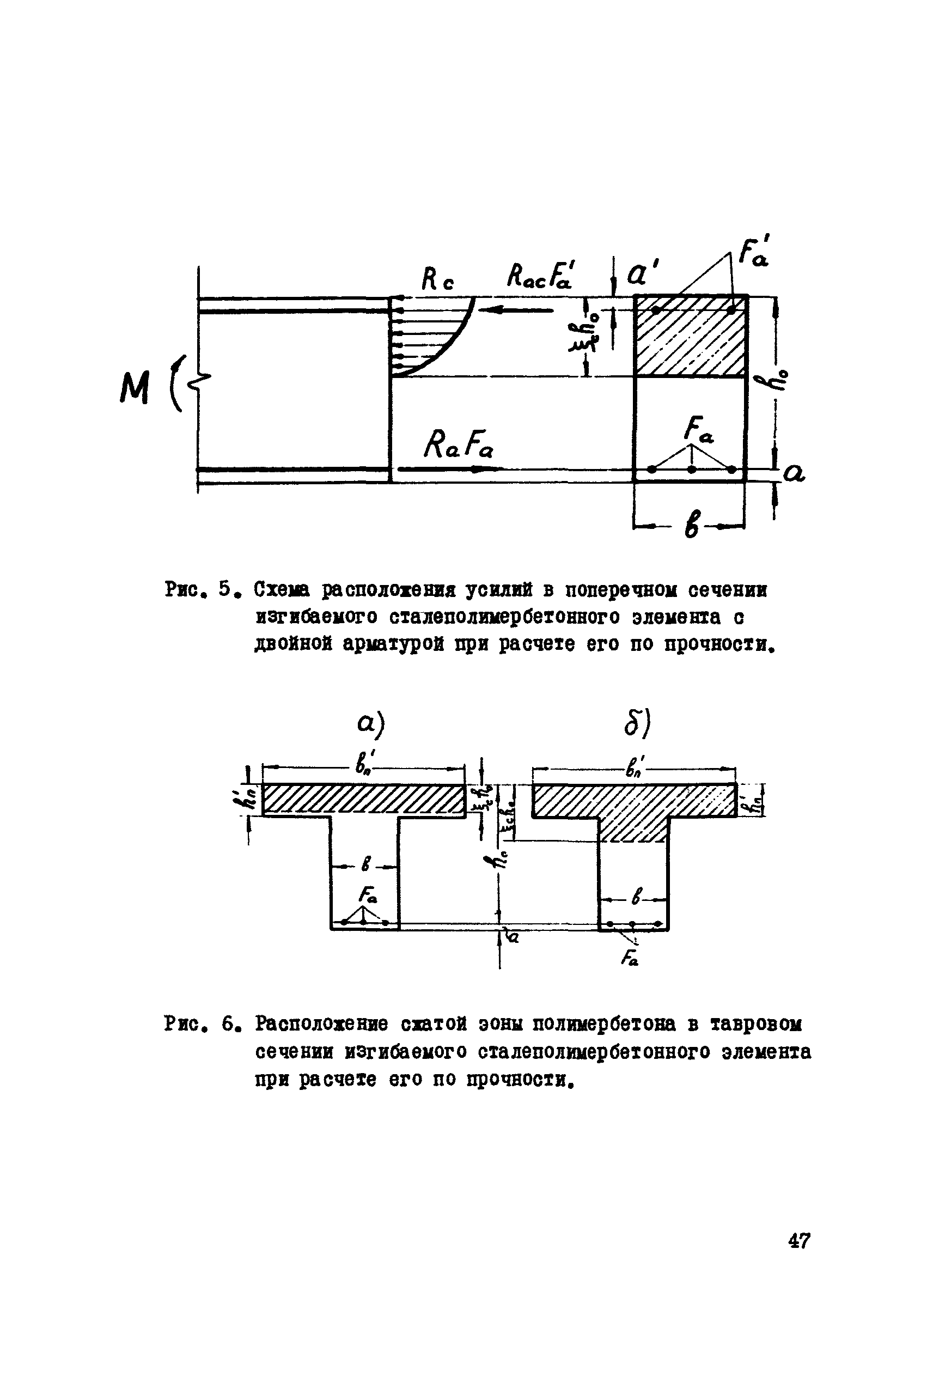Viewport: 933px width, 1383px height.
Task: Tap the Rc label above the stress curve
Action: [437, 279]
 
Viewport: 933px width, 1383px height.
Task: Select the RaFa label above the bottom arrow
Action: [459, 443]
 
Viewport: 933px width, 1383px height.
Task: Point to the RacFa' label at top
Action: [539, 277]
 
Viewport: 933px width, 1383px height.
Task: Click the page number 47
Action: [798, 1241]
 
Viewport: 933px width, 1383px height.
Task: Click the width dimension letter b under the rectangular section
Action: [691, 526]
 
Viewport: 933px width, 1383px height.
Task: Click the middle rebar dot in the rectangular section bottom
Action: [691, 469]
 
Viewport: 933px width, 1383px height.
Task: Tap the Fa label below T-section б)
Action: [630, 958]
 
